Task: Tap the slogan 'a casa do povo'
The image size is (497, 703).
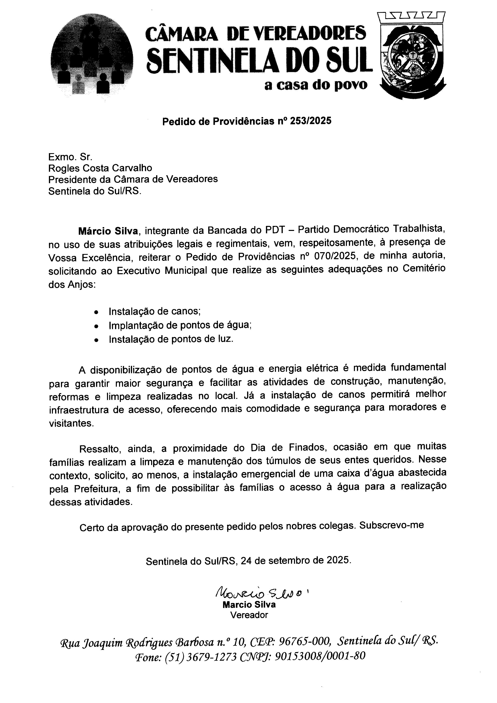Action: pyautogui.click(x=316, y=85)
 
